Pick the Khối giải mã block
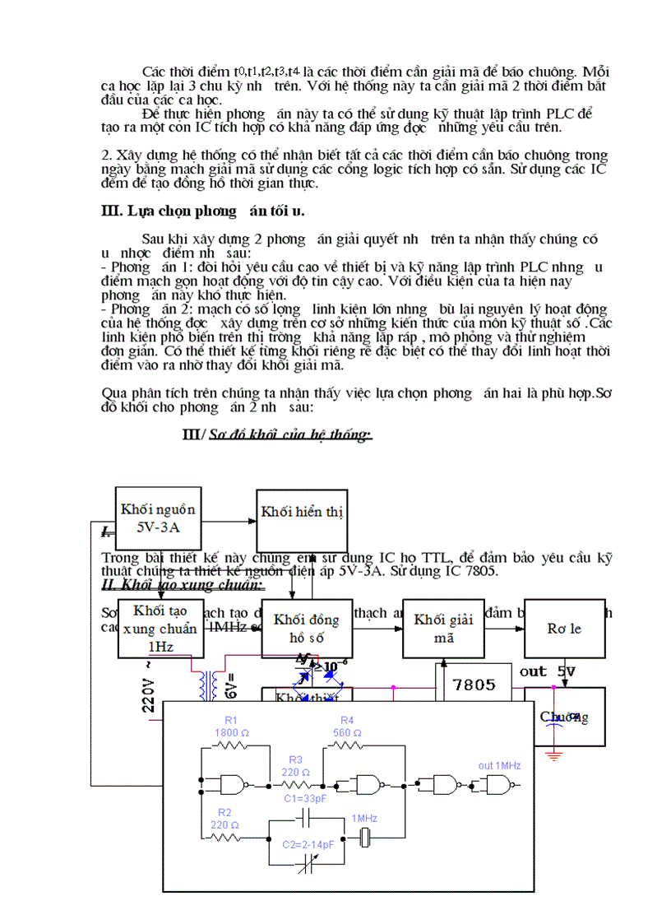(x=443, y=629)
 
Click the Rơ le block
(x=564, y=629)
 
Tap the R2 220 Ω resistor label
(x=219, y=819)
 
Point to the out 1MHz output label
(x=499, y=765)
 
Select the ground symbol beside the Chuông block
(x=557, y=754)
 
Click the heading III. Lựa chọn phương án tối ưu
(x=202, y=211)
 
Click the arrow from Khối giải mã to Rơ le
(x=504, y=629)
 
